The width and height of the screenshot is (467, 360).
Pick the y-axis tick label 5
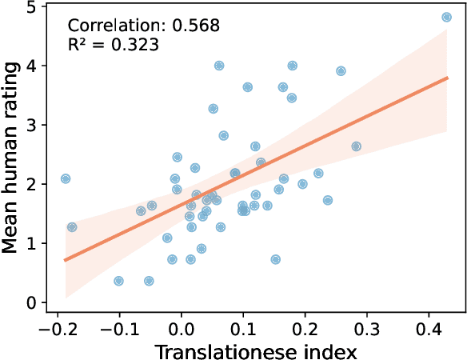tap(31, 6)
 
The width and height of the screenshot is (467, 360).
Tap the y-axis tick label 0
tap(31, 303)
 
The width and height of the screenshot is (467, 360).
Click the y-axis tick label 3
tap(31, 125)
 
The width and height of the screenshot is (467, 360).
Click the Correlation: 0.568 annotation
tap(143, 25)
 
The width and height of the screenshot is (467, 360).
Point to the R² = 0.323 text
tap(113, 45)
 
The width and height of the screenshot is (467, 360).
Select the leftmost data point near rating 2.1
tap(66, 178)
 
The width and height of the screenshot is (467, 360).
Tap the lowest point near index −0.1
tap(119, 281)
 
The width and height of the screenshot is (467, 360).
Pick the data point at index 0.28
tap(357, 146)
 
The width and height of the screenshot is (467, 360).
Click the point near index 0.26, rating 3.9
tap(341, 71)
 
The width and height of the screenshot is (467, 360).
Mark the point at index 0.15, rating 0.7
tap(276, 259)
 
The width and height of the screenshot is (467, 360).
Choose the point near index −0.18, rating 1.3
tap(72, 227)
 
